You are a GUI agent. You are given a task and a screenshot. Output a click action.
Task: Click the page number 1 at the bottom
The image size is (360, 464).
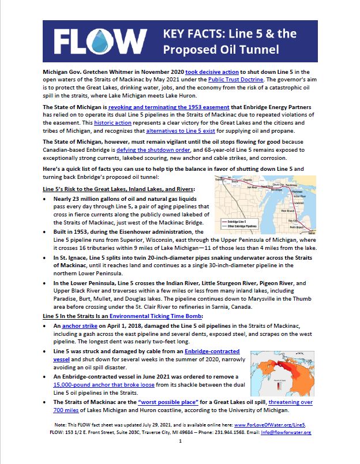[180, 442]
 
